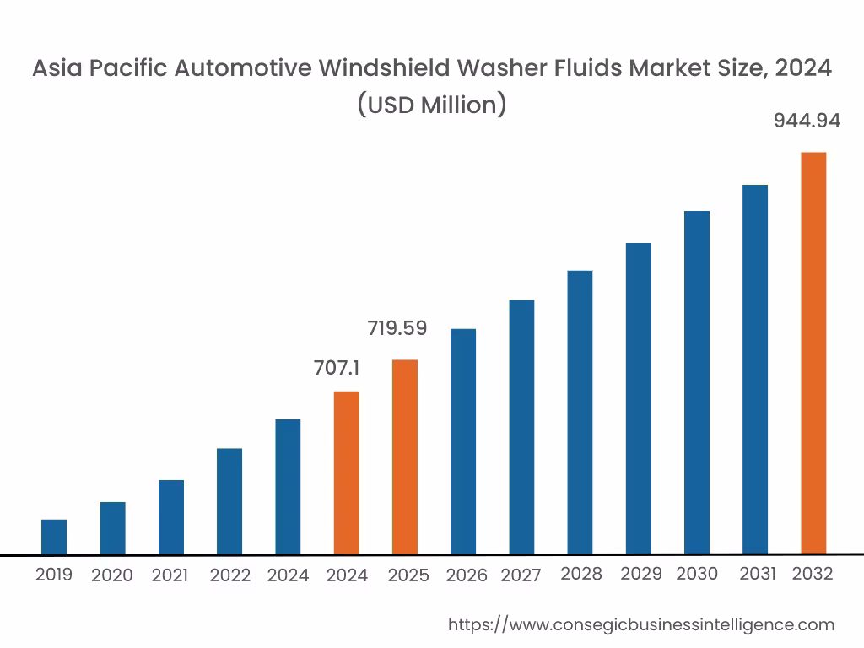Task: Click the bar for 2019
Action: pos(54,537)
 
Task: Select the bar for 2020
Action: pos(112,528)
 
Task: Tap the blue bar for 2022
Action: pos(229,501)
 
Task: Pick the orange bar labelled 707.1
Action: pos(347,472)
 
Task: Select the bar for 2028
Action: pos(580,413)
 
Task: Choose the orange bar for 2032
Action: pos(813,354)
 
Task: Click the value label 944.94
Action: pos(807,121)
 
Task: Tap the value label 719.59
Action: pos(397,328)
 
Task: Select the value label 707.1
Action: pos(337,368)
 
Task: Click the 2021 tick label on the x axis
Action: pos(170,575)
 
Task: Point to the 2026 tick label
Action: pos(467,575)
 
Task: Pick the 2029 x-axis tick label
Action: pos(641,574)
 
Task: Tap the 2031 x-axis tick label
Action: pos(758,574)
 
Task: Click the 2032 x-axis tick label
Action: pos(813,574)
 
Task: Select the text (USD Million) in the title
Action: pos(431,105)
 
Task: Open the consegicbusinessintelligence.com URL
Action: pos(640,624)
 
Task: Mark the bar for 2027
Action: pos(521,427)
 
